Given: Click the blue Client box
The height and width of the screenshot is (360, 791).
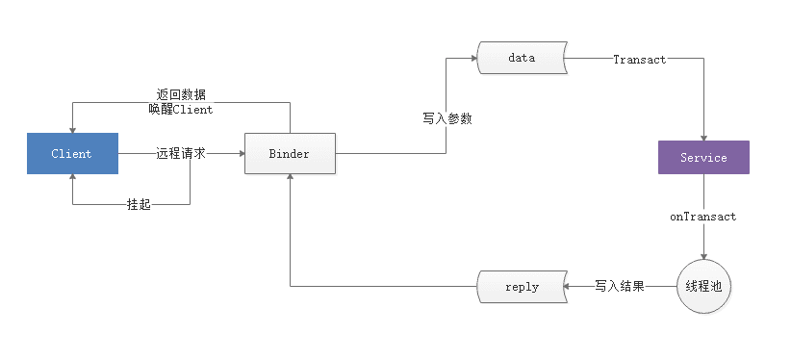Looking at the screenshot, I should coord(72,154).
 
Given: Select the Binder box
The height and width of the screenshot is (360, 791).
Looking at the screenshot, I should coord(290,154).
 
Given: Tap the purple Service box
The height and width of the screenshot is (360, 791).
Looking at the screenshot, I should coord(702,157).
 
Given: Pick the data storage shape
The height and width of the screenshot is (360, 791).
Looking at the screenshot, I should coord(521,58).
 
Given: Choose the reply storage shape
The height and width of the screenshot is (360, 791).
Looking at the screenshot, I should coord(522,287).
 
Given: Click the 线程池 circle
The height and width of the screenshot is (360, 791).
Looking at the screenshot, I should coord(703,287).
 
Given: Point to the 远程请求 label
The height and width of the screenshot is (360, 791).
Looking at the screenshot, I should coord(181,154).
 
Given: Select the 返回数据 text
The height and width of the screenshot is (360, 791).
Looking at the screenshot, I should coord(181,94).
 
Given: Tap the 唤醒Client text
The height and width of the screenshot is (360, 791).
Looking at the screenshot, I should coord(181,109).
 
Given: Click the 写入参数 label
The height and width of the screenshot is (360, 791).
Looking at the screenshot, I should coord(447,118).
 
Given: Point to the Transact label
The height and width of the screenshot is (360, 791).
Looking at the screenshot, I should coord(639,59).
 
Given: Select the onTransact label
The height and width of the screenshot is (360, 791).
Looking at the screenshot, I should coord(703,217).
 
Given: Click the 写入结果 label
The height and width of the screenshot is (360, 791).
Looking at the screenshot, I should coord(619,287).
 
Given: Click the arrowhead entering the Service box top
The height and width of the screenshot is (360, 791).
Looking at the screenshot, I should coord(703,137).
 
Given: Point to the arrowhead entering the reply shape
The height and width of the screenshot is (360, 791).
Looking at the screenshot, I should coord(570,287).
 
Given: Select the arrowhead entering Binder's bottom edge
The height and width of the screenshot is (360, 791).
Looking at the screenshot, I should coord(290,179).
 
